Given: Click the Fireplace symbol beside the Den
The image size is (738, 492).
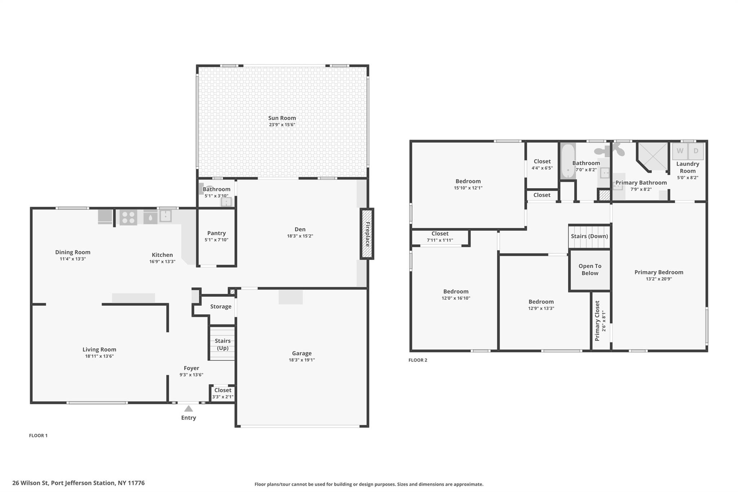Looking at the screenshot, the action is [367, 234].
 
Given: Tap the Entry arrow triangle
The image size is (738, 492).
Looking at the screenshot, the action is [188, 408].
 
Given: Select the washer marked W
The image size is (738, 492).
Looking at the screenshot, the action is [680, 151].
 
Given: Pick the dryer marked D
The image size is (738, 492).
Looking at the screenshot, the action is [696, 151].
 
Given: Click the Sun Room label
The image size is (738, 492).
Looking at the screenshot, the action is [282, 118].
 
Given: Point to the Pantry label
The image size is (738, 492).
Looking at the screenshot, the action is [217, 233].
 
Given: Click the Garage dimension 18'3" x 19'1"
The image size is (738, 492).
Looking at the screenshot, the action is [302, 360].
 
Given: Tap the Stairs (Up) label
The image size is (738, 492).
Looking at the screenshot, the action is [223, 344].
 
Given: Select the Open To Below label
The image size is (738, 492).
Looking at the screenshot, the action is [590, 270].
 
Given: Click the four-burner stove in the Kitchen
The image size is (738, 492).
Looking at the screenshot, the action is [128, 217].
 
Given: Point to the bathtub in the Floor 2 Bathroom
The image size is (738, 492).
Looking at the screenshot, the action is [568, 161].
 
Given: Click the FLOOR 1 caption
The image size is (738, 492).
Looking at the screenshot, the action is [38, 435].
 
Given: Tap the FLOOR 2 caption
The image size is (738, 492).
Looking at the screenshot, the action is [418, 360].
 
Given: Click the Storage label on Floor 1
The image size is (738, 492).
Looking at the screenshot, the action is [221, 306].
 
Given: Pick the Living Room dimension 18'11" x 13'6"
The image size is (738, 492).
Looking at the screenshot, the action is [99, 356].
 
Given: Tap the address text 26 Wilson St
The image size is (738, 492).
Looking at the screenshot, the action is [30, 483].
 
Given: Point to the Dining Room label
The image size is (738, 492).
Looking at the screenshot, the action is [73, 252].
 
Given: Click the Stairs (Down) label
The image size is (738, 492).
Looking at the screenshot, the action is [590, 236].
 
